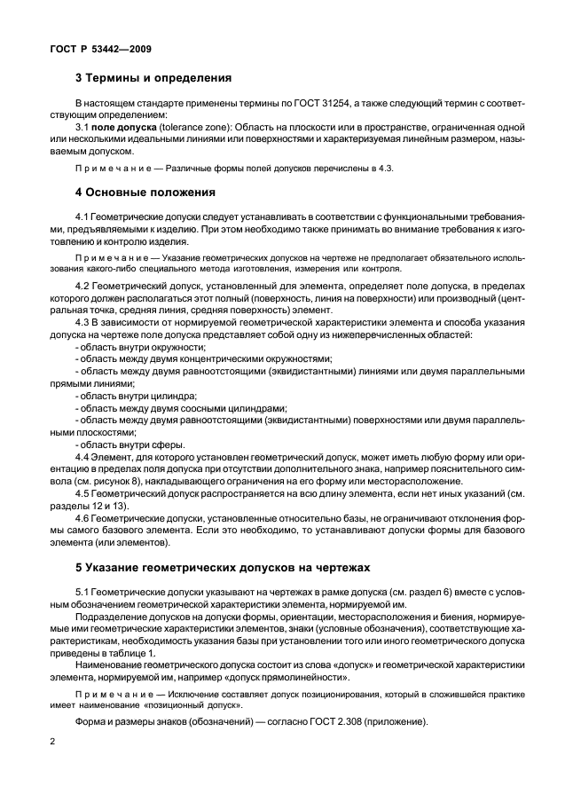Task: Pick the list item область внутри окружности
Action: click(x=140, y=347)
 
